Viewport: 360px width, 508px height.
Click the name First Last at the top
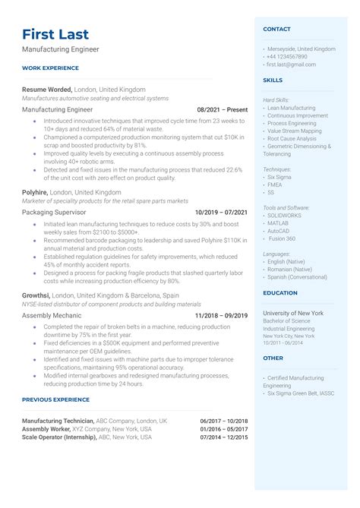[x=55, y=34]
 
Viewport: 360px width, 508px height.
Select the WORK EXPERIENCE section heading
[x=52, y=68]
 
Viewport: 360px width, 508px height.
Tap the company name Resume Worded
[x=47, y=89]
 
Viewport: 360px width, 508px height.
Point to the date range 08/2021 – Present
[x=222, y=110]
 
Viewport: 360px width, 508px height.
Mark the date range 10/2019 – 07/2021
[x=221, y=213]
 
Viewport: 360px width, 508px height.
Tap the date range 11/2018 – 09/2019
[x=221, y=315]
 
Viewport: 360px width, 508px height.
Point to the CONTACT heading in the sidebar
[x=276, y=30]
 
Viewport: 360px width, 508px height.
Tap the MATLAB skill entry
[x=279, y=223]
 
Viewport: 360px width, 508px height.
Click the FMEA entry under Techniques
[x=275, y=184]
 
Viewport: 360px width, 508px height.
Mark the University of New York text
[x=293, y=313]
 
